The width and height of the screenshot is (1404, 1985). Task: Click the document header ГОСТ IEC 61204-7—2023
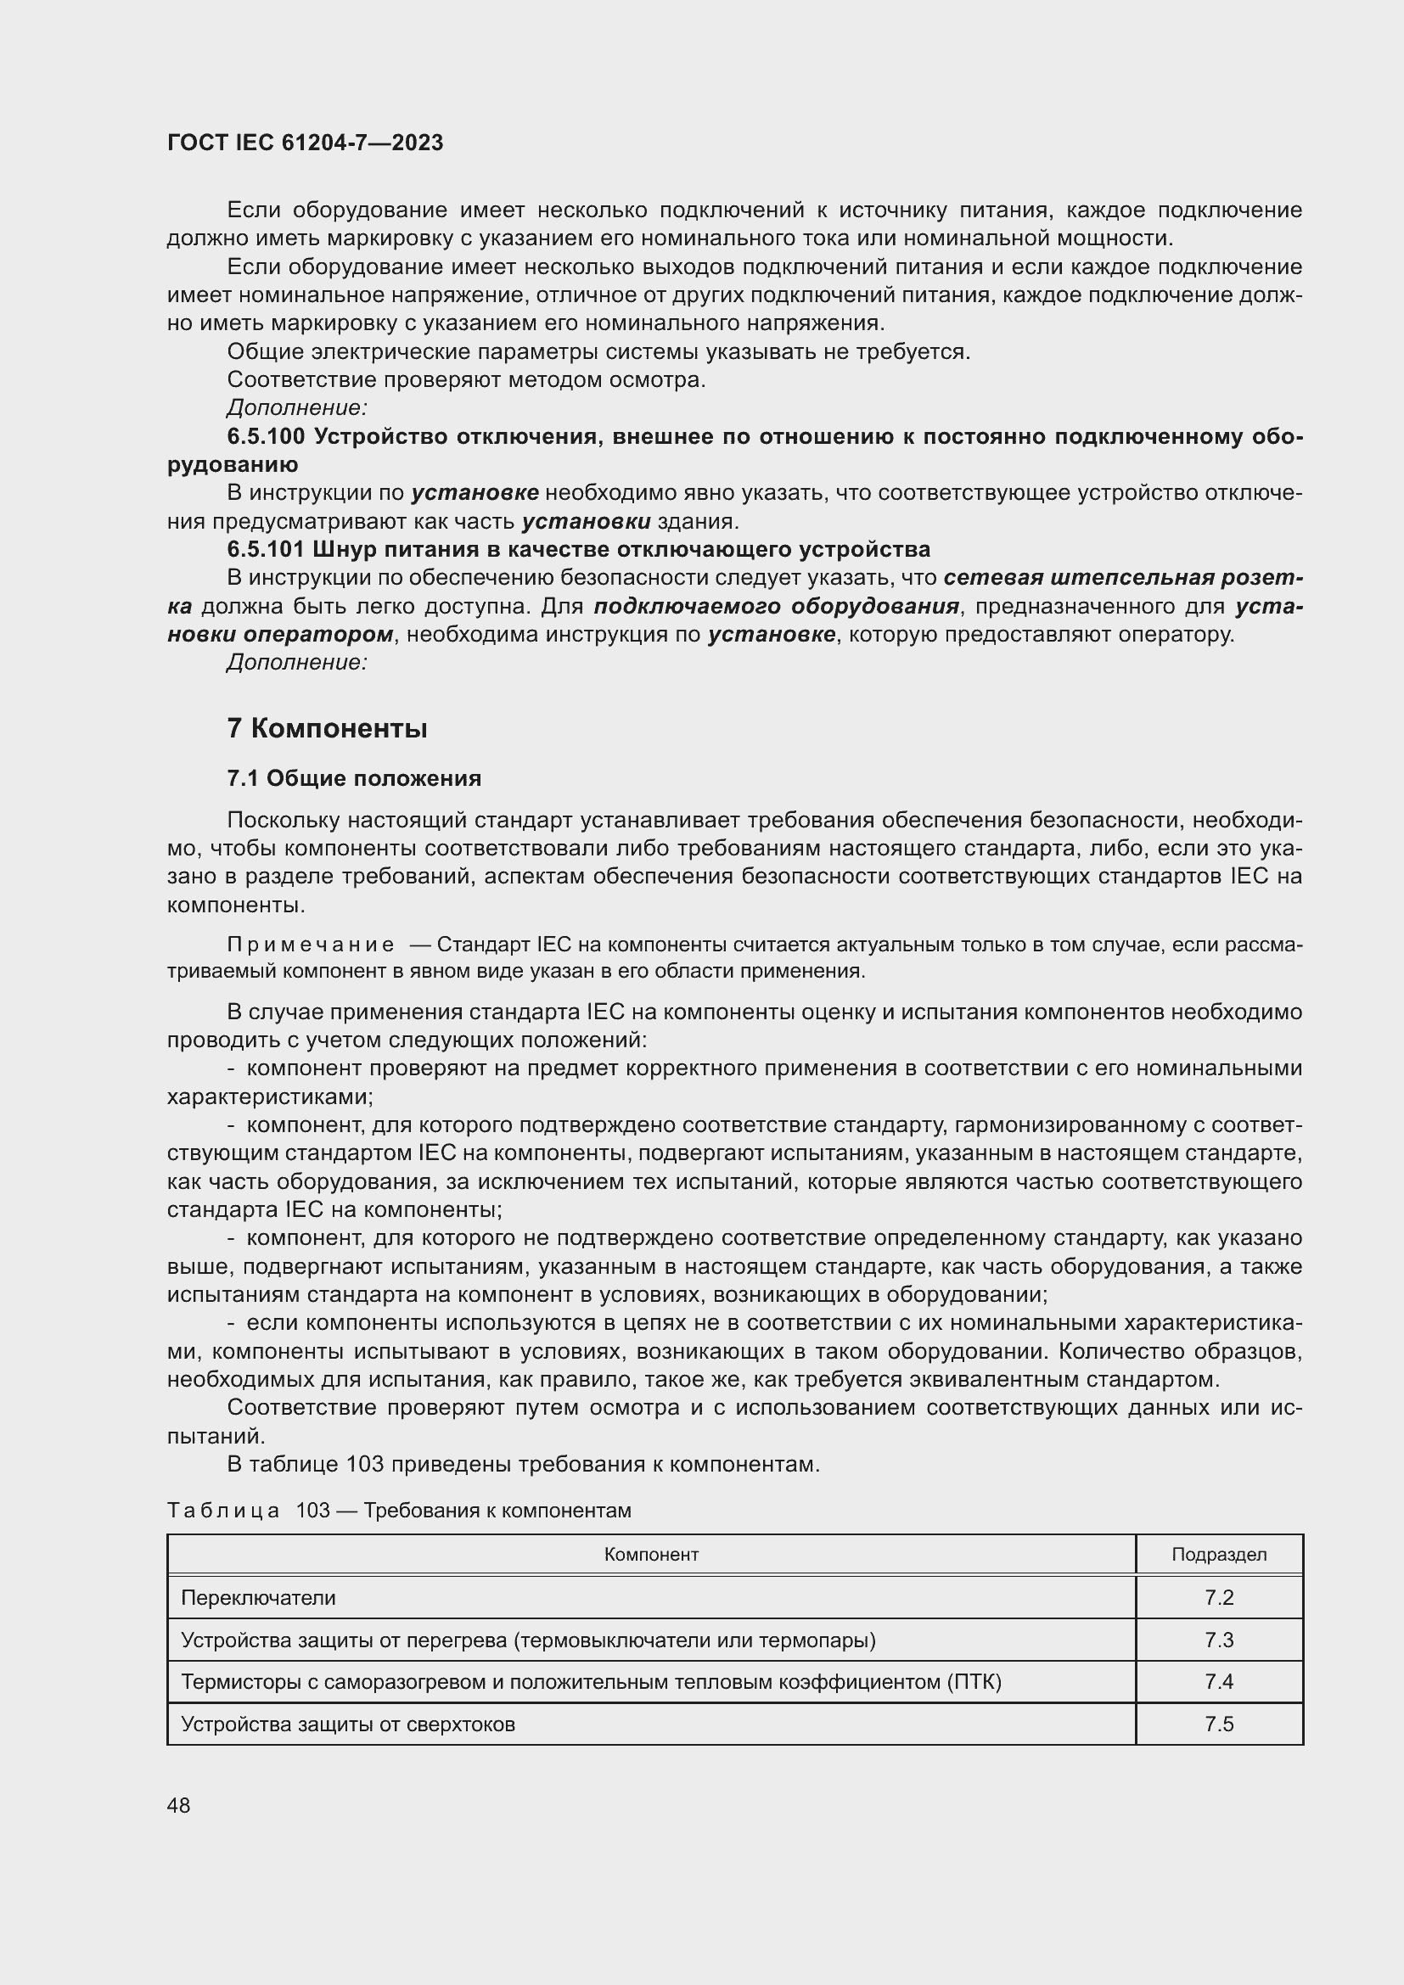tap(306, 143)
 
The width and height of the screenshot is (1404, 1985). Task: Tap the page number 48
tap(179, 1805)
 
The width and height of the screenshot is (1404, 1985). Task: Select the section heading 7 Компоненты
tap(328, 729)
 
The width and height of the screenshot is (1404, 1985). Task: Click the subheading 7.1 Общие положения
tap(355, 779)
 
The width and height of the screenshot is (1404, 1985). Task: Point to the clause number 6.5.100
tap(266, 436)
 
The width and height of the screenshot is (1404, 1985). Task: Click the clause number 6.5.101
tap(266, 550)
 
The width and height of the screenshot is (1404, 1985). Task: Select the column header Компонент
tap(651, 1555)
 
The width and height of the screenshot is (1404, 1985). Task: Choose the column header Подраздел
tap(1219, 1555)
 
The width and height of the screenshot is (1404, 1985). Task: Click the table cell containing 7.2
tap(1219, 1598)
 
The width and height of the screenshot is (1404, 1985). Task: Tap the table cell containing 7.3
tap(1219, 1640)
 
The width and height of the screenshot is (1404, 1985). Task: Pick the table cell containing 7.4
tap(1219, 1681)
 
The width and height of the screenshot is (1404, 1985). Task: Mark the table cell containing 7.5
tap(1219, 1724)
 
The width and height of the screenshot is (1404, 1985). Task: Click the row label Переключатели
tap(258, 1598)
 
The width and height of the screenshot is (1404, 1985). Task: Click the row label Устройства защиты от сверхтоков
tap(347, 1724)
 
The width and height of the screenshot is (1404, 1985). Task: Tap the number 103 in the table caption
tap(313, 1511)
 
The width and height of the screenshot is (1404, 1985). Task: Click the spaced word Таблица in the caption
tap(223, 1511)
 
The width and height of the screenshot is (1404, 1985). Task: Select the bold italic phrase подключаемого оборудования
tap(778, 606)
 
